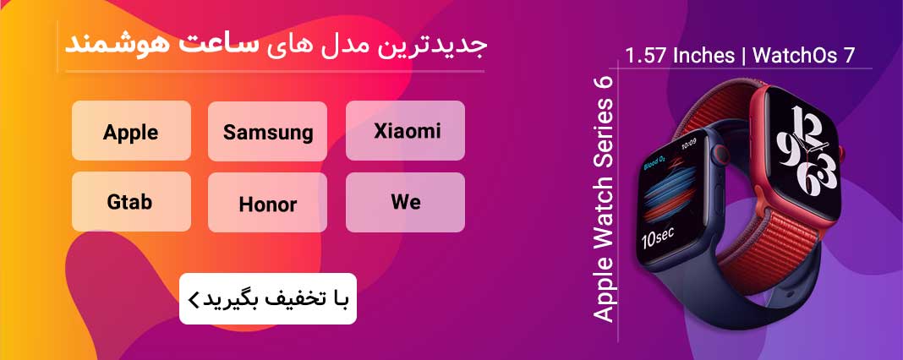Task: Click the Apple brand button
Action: tap(131, 131)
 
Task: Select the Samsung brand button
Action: tap(267, 132)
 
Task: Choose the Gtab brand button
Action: tap(131, 202)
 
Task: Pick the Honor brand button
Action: tap(267, 204)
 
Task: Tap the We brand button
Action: tap(406, 202)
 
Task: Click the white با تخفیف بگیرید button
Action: tap(267, 298)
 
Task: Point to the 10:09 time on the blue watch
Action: tap(689, 141)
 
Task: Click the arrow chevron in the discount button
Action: tap(193, 299)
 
